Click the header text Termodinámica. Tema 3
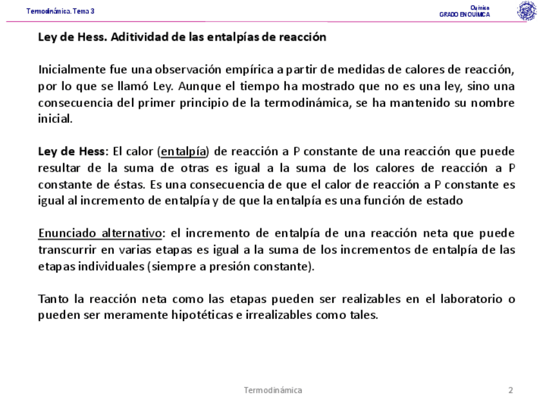pos(61,11)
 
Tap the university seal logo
pos(526,11)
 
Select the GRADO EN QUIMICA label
pos(464,15)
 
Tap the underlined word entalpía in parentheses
pos(184,152)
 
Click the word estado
pos(445,200)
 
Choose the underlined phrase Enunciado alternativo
pos(100,233)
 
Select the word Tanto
pos(53,299)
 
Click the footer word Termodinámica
pos(273,390)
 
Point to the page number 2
pos(511,390)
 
